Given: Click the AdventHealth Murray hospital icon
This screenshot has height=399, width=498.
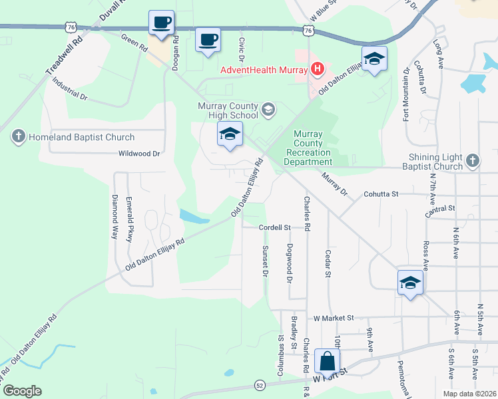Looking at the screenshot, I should pos(317,68).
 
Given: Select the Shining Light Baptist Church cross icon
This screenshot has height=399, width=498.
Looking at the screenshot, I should pos(472,160).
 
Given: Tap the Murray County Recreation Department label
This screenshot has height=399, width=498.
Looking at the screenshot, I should pos(308,148).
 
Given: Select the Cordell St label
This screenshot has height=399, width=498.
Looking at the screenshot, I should pos(276,227).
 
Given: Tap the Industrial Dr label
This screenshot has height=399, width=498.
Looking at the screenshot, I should pos(69,92).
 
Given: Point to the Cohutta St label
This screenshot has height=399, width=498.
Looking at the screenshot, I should pos(380,194).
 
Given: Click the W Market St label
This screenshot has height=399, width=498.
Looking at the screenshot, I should pos(333,319).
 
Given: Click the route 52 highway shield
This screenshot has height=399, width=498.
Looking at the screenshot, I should pos(260,385).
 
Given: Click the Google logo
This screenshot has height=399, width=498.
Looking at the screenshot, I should pos(22,391).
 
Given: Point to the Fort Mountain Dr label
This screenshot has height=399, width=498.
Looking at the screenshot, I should pos(405,94).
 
